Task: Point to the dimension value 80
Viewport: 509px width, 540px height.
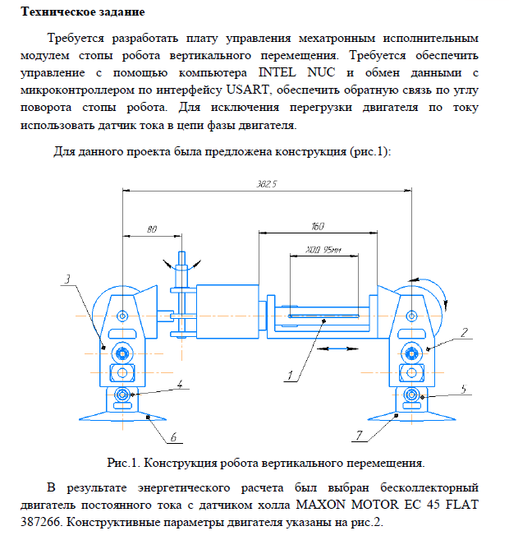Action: tap(152, 229)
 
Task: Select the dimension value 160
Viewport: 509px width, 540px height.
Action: tap(317, 225)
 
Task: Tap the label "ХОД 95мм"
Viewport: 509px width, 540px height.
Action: tap(323, 248)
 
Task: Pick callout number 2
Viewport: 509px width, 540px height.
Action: tap(464, 333)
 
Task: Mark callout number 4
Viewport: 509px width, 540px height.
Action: tap(180, 382)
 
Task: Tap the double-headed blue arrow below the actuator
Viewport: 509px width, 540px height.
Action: tap(336, 348)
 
